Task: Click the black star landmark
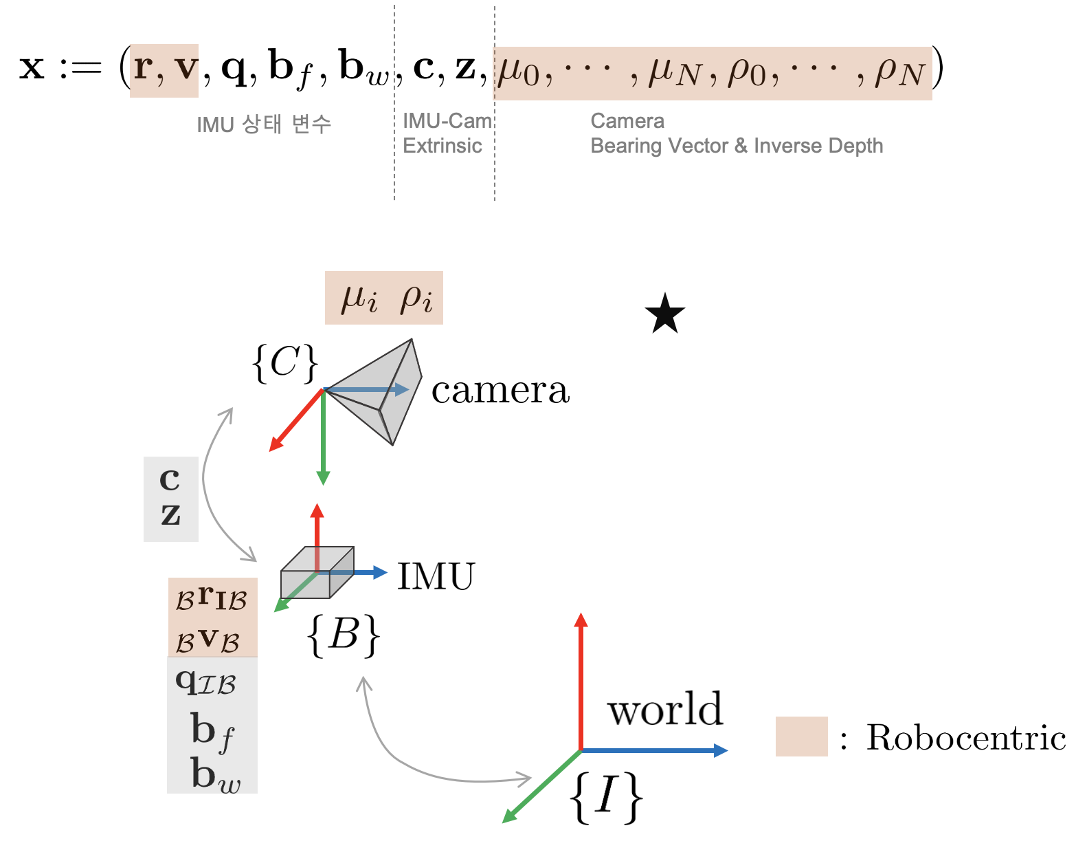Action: tap(665, 314)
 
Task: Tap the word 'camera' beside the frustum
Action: tap(500, 391)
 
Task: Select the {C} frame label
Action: tap(285, 362)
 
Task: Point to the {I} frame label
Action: tap(606, 796)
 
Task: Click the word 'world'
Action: tap(665, 709)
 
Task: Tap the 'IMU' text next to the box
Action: tap(436, 576)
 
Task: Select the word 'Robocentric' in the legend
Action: tap(965, 737)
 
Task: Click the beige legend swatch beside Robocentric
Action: tap(801, 737)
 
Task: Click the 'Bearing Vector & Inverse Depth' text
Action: tap(736, 146)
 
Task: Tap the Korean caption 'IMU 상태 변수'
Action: tap(264, 124)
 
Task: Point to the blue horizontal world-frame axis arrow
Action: tap(653, 750)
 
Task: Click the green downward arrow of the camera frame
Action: tap(323, 440)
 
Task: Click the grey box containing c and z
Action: tap(171, 499)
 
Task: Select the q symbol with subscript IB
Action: tap(205, 682)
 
